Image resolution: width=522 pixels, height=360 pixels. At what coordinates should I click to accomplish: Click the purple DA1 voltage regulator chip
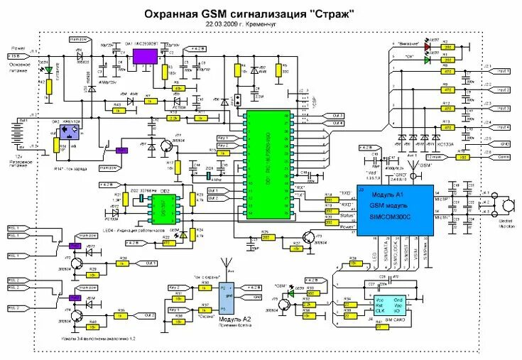[144, 55]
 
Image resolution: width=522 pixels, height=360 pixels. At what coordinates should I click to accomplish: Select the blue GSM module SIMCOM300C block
[393, 210]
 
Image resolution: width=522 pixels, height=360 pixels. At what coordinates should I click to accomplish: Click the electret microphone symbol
[508, 205]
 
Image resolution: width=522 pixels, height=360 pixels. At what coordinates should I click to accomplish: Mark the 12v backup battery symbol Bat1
[18, 130]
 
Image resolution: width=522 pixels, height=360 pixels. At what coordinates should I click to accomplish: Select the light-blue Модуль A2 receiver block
[225, 300]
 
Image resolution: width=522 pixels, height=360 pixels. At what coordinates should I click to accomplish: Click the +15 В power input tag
[14, 55]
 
